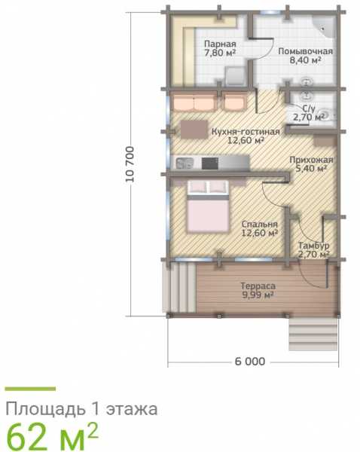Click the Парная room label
(220, 44)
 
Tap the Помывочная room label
(305, 51)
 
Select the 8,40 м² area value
(305, 60)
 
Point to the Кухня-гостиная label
(246, 132)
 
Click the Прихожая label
(311, 160)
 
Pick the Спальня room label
(259, 224)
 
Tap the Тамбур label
(313, 246)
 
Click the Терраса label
(258, 286)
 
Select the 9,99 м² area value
(258, 295)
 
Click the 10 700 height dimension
(130, 164)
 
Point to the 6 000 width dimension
(250, 362)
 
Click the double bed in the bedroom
(208, 206)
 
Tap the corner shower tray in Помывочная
(325, 26)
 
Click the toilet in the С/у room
(326, 115)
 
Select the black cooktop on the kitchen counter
(210, 163)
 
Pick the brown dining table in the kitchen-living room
(194, 130)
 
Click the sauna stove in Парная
(235, 76)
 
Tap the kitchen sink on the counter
(185, 163)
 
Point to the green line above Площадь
(30, 389)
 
